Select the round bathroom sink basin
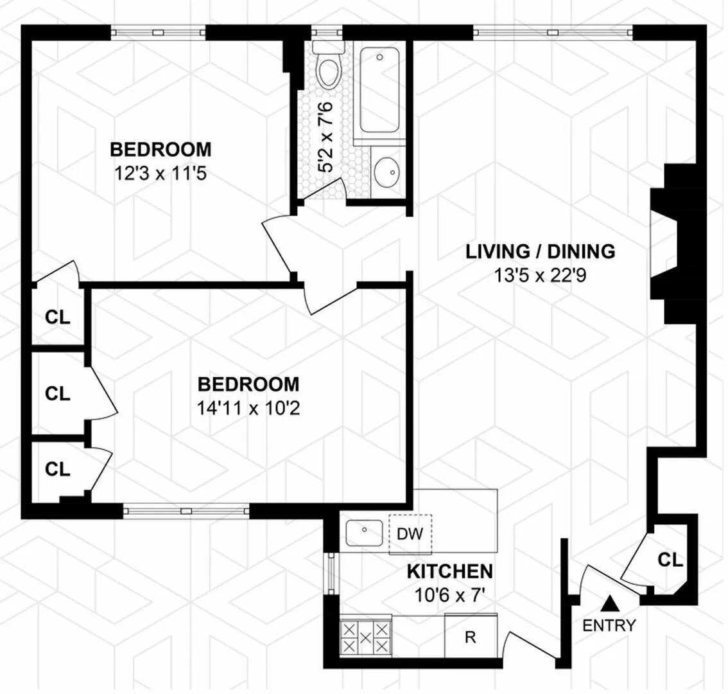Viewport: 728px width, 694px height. coord(387,170)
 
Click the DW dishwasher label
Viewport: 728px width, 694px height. coord(410,533)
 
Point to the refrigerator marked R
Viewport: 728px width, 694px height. coord(470,637)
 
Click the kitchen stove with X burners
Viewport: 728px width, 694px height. coord(365,637)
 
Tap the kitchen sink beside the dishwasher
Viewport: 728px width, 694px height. coord(364,532)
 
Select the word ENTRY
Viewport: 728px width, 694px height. coord(609,625)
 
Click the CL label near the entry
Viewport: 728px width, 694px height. coord(670,560)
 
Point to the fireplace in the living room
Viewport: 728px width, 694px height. coord(668,244)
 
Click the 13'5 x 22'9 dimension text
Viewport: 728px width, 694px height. coord(541,275)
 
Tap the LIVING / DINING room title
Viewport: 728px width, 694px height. coord(541,251)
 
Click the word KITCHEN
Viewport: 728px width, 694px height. coord(450,571)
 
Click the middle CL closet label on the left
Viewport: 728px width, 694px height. coord(58,393)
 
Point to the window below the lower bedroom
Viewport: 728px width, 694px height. coord(186,510)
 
